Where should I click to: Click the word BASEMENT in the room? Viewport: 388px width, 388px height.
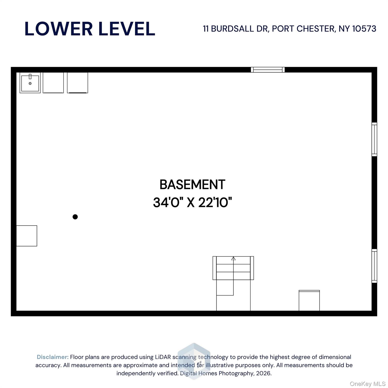(x=192, y=185)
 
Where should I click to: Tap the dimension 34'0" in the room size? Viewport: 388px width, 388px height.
(x=168, y=202)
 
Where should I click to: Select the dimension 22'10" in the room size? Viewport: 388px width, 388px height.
(x=215, y=202)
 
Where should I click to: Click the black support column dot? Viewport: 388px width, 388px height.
(x=75, y=217)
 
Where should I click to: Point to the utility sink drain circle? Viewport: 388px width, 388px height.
(x=30, y=83)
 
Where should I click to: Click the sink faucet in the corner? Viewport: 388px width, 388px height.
(x=30, y=77)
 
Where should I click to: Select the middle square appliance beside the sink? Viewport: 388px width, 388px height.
(x=53, y=83)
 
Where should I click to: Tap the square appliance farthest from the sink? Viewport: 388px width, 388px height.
(x=77, y=83)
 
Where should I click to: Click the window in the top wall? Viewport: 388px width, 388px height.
(x=268, y=70)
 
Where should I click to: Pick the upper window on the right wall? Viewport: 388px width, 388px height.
(x=374, y=139)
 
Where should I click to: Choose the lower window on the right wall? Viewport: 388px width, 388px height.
(x=374, y=266)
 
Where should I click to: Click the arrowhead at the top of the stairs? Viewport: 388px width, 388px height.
(x=233, y=259)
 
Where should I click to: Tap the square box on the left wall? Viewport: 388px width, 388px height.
(x=27, y=236)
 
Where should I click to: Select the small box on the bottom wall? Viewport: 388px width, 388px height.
(x=309, y=301)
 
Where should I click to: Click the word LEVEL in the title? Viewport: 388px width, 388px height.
(x=127, y=29)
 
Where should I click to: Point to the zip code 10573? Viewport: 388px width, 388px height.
(x=364, y=29)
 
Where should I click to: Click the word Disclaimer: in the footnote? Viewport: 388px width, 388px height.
(x=53, y=357)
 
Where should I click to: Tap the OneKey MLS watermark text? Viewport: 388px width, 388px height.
(x=367, y=384)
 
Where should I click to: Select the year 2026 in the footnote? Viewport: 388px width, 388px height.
(x=263, y=373)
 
